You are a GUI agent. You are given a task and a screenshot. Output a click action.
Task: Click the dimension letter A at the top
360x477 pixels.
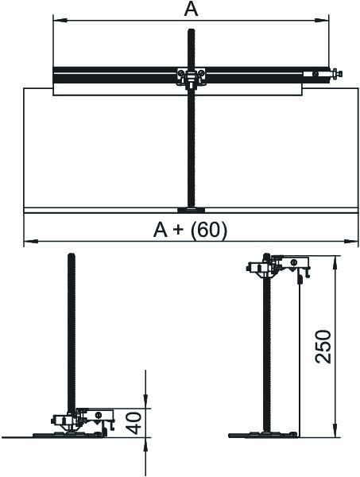[191, 10]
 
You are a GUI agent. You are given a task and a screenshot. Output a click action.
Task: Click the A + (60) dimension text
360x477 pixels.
[191, 230]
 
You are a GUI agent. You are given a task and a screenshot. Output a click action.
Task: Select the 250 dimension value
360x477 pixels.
[323, 347]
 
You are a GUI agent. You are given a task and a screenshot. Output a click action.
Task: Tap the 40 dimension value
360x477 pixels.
[134, 423]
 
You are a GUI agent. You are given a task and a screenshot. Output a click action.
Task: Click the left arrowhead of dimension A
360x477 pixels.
[60, 21]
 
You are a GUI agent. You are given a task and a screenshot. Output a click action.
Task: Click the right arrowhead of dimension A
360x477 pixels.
[322, 21]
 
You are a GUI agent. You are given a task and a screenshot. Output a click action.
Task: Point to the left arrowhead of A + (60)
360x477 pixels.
[31, 242]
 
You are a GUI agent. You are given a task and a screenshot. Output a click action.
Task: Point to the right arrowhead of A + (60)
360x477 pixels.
[351, 242]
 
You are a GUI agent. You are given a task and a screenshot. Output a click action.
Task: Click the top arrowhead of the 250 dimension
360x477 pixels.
[335, 263]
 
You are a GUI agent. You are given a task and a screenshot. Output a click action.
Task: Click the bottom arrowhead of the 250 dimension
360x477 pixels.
[335, 430]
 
